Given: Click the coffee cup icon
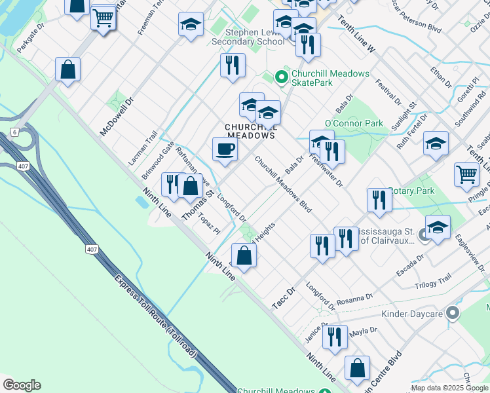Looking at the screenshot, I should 225,149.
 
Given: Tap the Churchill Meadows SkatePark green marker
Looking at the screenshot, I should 282,78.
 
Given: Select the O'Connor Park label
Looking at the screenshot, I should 354,123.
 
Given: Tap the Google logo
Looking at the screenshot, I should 21,384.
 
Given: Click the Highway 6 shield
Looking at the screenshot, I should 14,132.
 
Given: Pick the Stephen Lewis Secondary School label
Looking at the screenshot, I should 248,37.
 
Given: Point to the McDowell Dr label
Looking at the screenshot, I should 117,117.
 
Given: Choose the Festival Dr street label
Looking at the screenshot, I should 388,92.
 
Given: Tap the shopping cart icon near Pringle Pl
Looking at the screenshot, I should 466,174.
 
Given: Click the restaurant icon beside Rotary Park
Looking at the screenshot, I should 379,200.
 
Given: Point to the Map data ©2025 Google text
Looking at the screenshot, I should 449,388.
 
